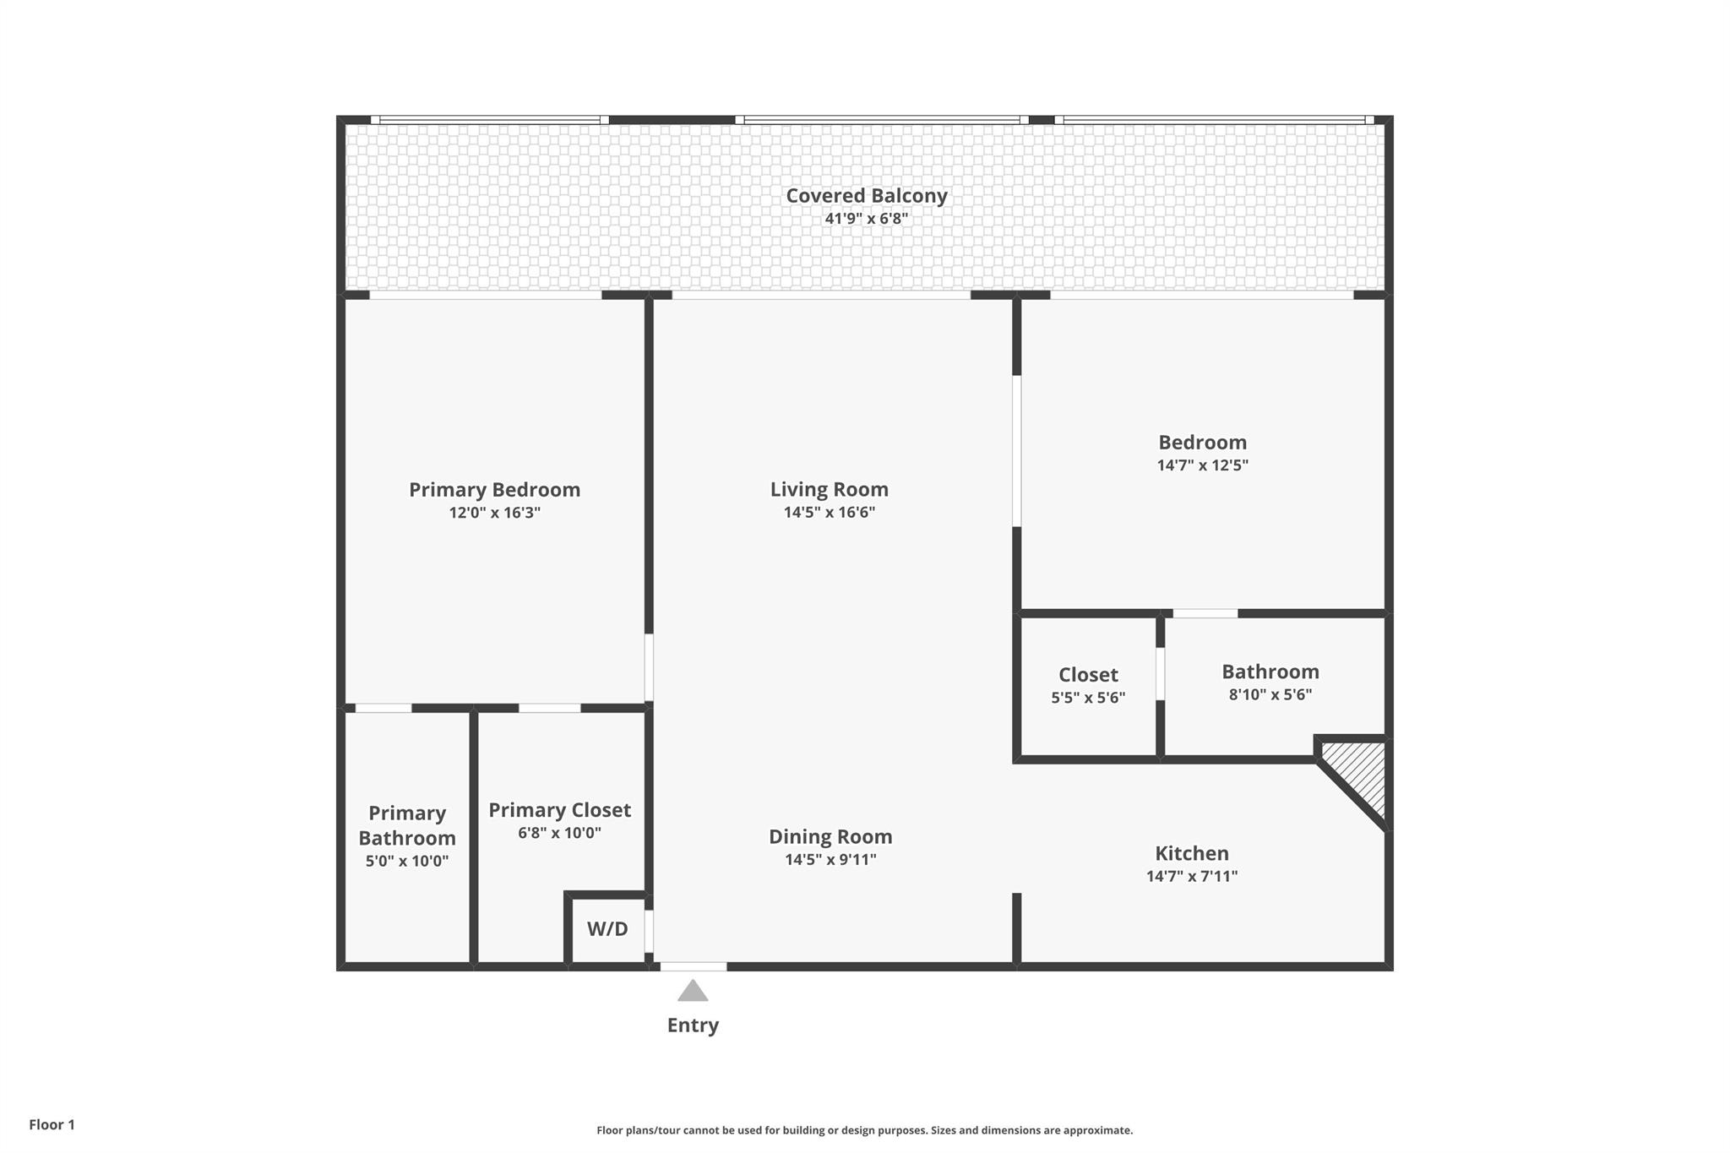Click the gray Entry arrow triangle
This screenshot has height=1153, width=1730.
pyautogui.click(x=693, y=991)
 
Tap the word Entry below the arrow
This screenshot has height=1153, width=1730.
pyautogui.click(x=693, y=1025)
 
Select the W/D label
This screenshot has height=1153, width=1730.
pyautogui.click(x=607, y=929)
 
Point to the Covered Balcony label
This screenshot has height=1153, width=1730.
pyautogui.click(x=867, y=196)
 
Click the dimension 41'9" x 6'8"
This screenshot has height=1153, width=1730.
pyautogui.click(x=867, y=219)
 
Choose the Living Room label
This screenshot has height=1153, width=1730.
pyautogui.click(x=830, y=490)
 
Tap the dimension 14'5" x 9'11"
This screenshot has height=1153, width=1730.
pyautogui.click(x=830, y=860)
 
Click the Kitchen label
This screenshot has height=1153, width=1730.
pyautogui.click(x=1192, y=854)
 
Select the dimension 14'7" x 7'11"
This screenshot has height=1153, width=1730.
pyautogui.click(x=1192, y=877)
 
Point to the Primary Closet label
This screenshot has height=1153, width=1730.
pyautogui.click(x=560, y=811)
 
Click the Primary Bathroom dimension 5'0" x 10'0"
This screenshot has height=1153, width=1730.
pyautogui.click(x=407, y=862)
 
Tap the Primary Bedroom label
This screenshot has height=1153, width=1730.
pyautogui.click(x=495, y=490)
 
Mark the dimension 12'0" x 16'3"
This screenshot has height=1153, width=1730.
pyautogui.click(x=495, y=513)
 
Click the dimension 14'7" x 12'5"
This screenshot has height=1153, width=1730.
pyautogui.click(x=1203, y=465)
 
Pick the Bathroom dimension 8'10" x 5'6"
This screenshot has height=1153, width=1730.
pyautogui.click(x=1270, y=695)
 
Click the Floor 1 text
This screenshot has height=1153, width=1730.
pyautogui.click(x=52, y=1125)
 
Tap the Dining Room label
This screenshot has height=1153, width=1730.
pyautogui.click(x=830, y=837)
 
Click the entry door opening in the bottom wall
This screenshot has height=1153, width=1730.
pyautogui.click(x=694, y=966)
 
